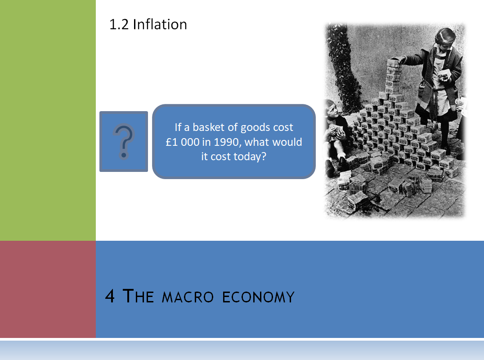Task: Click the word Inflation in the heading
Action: pyautogui.click(x=160, y=24)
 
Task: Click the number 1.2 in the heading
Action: pyautogui.click(x=119, y=25)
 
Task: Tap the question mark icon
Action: pyautogui.click(x=124, y=141)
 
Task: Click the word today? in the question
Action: pyautogui.click(x=250, y=157)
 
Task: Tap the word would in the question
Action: pyautogui.click(x=288, y=142)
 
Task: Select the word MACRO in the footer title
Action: pyautogui.click(x=188, y=297)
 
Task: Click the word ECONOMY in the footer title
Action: pyautogui.click(x=258, y=297)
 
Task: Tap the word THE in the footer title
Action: pyautogui.click(x=138, y=296)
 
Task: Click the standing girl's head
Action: pyautogui.click(x=445, y=37)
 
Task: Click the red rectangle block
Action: pyautogui.click(x=48, y=289)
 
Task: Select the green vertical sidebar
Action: pyautogui.click(x=48, y=121)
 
